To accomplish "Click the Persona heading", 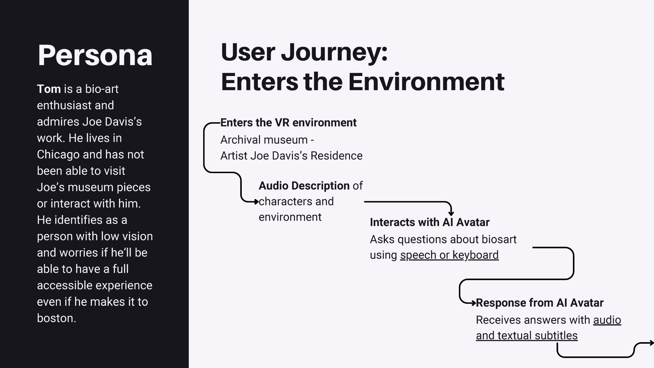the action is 95,56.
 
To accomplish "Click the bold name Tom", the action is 49,89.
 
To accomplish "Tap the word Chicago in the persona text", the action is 58,155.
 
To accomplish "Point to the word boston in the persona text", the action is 57,318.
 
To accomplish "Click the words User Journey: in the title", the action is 304,52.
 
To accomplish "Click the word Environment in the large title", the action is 426,82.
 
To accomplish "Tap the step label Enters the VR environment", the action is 288,123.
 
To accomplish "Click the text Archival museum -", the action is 267,140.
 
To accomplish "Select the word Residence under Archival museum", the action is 337,156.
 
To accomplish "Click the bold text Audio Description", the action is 304,186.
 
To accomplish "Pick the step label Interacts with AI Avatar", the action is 430,222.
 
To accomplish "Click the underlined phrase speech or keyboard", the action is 449,255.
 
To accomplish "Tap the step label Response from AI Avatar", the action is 540,303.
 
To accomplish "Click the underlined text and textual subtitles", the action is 527,336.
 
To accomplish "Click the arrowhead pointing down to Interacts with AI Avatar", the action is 451,213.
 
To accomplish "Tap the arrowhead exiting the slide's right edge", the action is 651,343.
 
